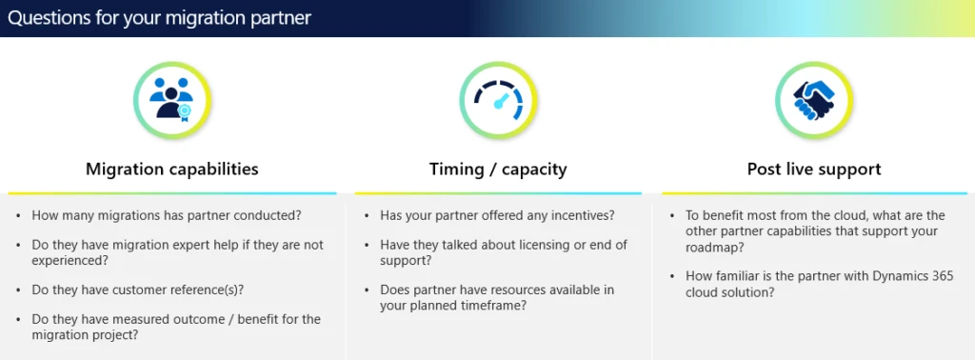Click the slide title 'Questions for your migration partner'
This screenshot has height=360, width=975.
tap(159, 18)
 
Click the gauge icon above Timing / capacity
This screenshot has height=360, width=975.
tap(498, 100)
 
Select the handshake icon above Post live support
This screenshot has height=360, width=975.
tap(813, 100)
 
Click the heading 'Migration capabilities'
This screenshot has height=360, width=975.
tap(171, 170)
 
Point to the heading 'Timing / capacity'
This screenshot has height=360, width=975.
tap(498, 170)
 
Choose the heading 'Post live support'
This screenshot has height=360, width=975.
tap(813, 170)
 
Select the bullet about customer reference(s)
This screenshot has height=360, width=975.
tap(144, 289)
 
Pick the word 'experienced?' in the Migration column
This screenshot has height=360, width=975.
tap(70, 260)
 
